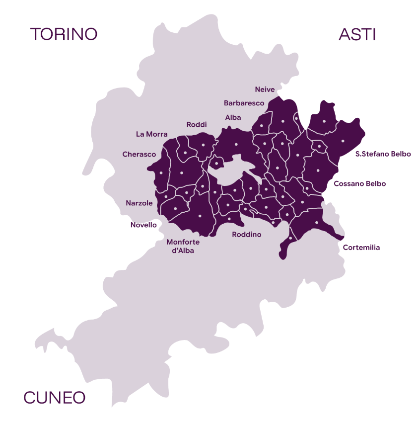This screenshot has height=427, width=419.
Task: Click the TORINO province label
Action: point(64,34)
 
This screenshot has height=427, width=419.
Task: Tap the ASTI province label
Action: point(357,34)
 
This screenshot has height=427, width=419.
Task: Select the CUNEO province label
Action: point(55,398)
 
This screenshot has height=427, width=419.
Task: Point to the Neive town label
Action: point(265,89)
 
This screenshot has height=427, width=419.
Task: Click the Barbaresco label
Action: point(244,103)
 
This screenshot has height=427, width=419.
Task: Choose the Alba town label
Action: point(233,118)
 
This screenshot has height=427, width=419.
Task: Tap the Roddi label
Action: point(197,125)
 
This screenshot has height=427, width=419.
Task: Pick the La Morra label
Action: point(151,134)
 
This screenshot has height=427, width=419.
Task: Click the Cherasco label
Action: point(139,155)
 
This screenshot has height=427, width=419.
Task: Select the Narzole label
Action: point(139,203)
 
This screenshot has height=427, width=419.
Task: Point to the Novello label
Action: point(143,225)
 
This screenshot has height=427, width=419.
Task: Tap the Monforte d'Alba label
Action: point(183,247)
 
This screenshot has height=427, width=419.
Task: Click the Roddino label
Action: point(247,235)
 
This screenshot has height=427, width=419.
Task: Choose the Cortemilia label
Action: point(361,248)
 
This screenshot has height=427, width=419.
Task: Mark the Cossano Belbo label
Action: point(359,184)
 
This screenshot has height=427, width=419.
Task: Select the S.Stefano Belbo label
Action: point(383,154)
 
